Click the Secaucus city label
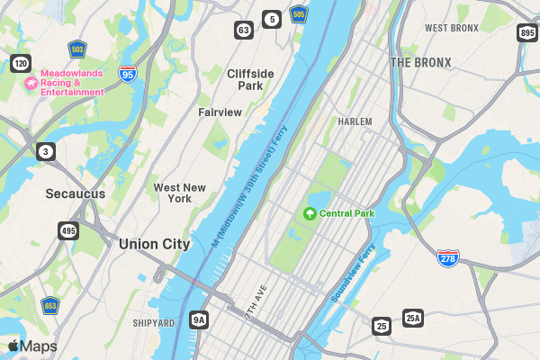click(x=76, y=193)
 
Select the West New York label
click(x=179, y=193)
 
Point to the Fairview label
click(x=220, y=112)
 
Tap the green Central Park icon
click(x=310, y=213)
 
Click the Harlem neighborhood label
click(x=355, y=121)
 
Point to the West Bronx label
click(x=452, y=28)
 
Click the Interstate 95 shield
click(x=128, y=76)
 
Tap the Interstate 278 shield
click(x=448, y=257)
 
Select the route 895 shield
click(x=527, y=33)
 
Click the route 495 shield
click(x=68, y=231)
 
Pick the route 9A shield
click(x=199, y=319)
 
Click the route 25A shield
click(x=412, y=318)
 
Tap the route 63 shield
click(x=244, y=30)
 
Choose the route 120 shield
click(x=21, y=63)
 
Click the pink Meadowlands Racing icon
click(x=30, y=83)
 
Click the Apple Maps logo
click(x=32, y=346)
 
